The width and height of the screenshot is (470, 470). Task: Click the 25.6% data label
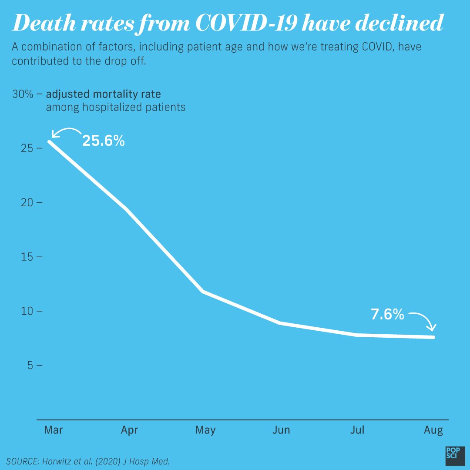(x=104, y=141)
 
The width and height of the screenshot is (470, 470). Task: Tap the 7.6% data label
(x=387, y=315)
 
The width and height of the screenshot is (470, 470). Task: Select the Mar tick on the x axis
(x=54, y=430)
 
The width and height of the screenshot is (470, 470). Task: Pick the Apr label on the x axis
(x=130, y=430)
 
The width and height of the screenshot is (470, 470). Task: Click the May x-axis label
(x=205, y=430)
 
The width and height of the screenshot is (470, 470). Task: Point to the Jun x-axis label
(x=281, y=430)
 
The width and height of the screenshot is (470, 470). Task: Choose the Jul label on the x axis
(x=357, y=430)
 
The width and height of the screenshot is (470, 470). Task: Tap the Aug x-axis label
(x=433, y=430)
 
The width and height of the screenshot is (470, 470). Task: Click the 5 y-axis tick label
(x=30, y=366)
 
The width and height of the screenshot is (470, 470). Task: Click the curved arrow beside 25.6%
(x=65, y=132)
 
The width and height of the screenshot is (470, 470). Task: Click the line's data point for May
(x=203, y=292)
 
